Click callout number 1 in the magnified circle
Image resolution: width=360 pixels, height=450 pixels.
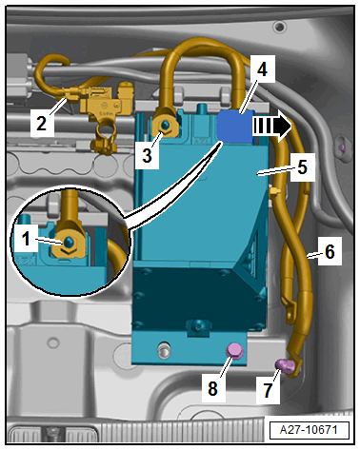click(26, 239)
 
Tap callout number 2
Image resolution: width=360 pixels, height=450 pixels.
click(41, 123)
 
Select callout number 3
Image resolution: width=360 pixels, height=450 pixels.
click(147, 155)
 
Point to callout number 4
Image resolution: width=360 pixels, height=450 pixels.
click(262, 69)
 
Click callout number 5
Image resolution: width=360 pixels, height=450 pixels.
click(302, 166)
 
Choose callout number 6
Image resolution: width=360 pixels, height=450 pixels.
click(330, 251)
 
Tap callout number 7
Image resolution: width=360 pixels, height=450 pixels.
click(268, 390)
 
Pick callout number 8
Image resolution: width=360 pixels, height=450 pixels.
click(212, 388)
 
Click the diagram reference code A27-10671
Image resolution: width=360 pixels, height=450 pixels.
click(309, 430)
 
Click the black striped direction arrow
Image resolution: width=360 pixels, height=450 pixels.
click(272, 126)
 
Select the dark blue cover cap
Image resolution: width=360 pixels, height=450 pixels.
click(235, 126)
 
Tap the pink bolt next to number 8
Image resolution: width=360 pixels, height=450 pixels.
click(234, 351)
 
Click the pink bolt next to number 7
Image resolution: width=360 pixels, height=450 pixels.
click(286, 365)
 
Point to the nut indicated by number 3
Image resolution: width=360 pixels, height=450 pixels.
click(165, 127)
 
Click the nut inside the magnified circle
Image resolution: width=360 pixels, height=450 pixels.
click(68, 244)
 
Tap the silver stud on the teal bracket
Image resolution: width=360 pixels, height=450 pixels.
click(163, 350)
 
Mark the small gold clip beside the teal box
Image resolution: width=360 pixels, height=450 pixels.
click(274, 191)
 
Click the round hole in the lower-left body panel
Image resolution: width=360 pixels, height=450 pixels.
click(53, 343)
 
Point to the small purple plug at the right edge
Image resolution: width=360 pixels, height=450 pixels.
click(342, 147)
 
